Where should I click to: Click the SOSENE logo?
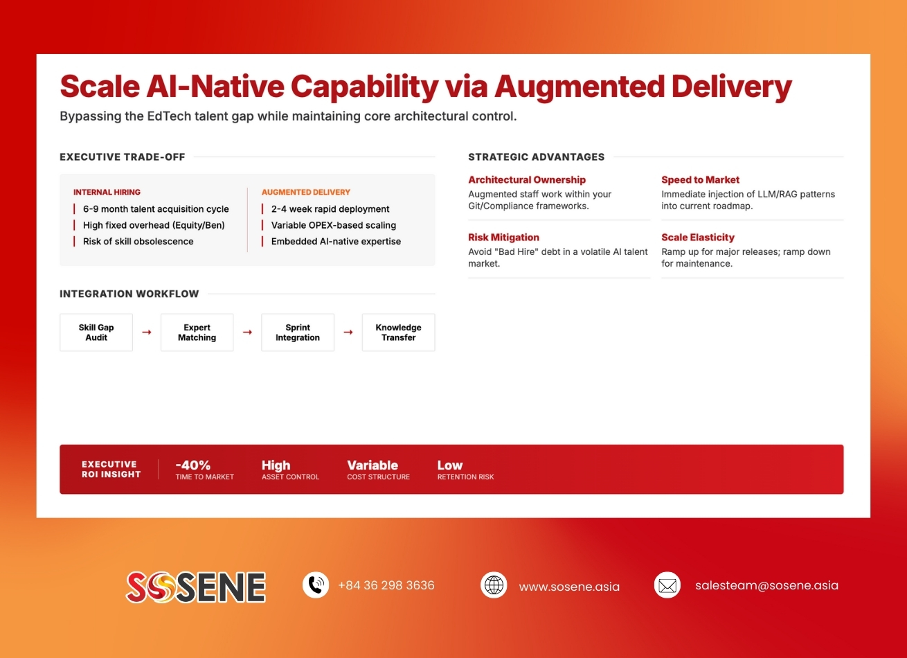(196, 587)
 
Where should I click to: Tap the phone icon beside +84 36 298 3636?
(316, 585)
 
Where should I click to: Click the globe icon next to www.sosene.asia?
(494, 585)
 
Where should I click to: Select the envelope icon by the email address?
(667, 585)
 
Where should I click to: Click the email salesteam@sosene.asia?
(766, 585)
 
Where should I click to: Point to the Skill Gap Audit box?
(96, 332)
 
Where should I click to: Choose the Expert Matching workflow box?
(197, 332)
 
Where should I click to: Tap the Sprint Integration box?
(298, 332)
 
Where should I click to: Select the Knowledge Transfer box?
(398, 332)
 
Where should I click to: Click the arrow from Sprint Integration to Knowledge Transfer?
(348, 332)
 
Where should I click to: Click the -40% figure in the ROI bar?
(193, 465)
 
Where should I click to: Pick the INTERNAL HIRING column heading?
(107, 192)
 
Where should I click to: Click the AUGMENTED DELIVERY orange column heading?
(306, 192)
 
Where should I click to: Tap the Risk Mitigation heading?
(503, 237)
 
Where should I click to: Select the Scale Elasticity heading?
(698, 237)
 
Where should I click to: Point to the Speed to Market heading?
(700, 179)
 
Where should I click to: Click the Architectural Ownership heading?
(527, 179)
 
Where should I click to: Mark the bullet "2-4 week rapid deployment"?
(330, 208)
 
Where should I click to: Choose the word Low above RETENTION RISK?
(450, 465)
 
